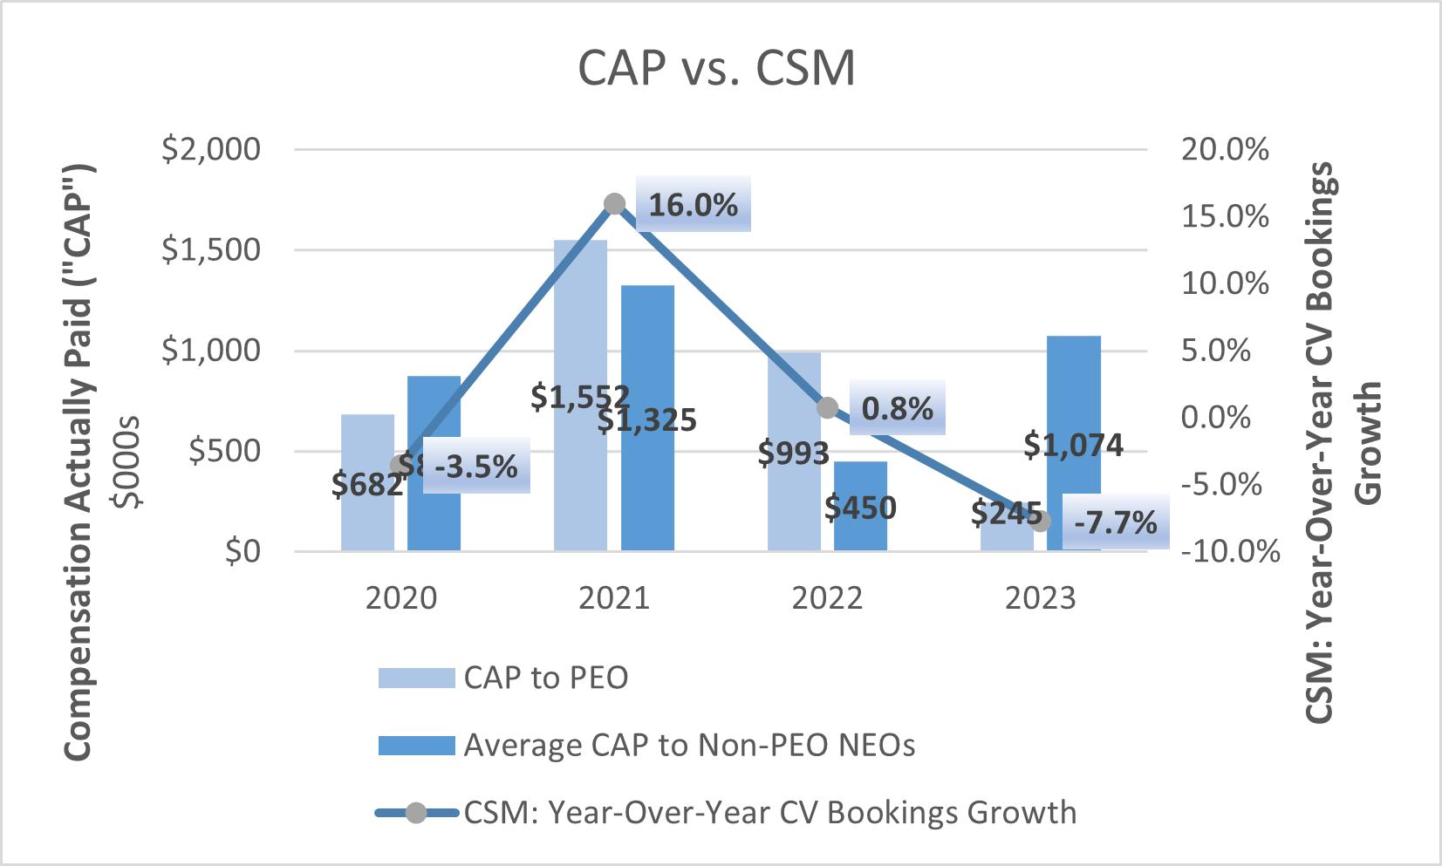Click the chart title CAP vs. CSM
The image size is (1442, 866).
pos(716,69)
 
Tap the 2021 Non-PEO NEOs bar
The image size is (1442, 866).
pos(647,349)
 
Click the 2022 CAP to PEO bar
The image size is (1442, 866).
pos(794,401)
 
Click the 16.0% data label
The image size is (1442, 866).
pos(693,206)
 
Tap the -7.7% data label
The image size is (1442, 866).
pos(1115,523)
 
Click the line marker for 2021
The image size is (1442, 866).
pos(614,204)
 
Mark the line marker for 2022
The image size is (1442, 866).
pos(828,407)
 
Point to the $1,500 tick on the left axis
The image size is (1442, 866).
pos(211,250)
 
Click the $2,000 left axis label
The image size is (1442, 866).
pos(211,149)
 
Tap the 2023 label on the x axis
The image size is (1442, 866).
pos(1040,599)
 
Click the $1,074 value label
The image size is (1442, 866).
pos(1073,446)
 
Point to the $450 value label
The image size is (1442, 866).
pos(860,507)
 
